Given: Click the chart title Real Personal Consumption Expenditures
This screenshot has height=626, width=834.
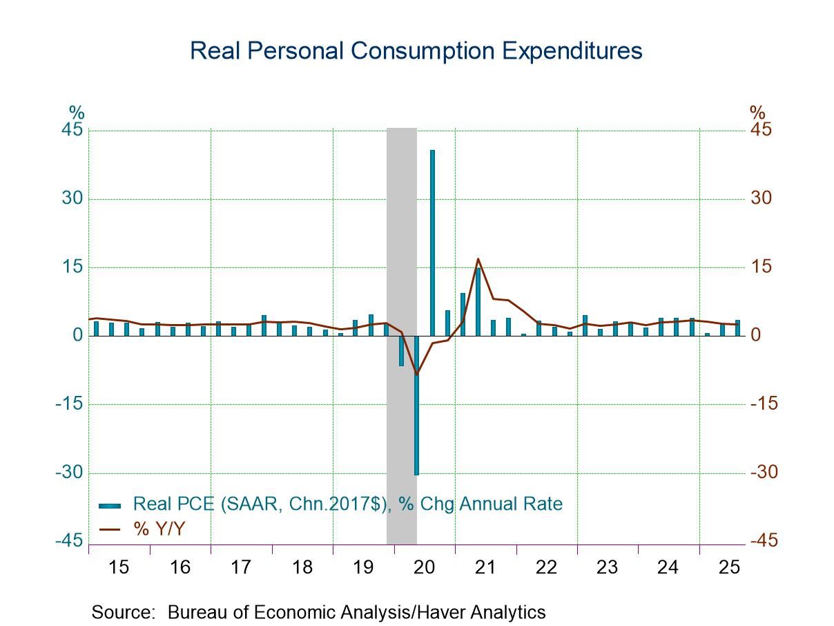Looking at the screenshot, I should [416, 51].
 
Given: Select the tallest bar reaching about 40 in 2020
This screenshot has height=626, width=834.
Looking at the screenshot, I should [432, 242].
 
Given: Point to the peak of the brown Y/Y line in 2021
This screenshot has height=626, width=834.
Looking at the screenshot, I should [478, 259].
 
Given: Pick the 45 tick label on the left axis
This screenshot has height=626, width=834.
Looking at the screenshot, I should [72, 131].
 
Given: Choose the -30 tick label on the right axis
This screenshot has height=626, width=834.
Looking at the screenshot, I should [764, 473].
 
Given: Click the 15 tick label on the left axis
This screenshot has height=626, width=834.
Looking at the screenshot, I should [72, 267].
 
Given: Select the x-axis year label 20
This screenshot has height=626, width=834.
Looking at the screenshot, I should [424, 568].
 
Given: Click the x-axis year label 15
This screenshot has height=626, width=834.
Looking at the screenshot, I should [119, 568].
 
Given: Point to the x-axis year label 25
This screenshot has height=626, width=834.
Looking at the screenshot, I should [729, 568].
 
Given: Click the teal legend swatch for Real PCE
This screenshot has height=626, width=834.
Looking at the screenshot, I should [110, 504].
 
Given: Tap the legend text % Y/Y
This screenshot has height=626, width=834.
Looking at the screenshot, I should [159, 529].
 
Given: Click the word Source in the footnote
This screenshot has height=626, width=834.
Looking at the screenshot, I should [122, 612].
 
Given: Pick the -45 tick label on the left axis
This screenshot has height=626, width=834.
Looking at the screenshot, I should [69, 541].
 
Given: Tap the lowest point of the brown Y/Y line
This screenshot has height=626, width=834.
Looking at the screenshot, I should [416, 374].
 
